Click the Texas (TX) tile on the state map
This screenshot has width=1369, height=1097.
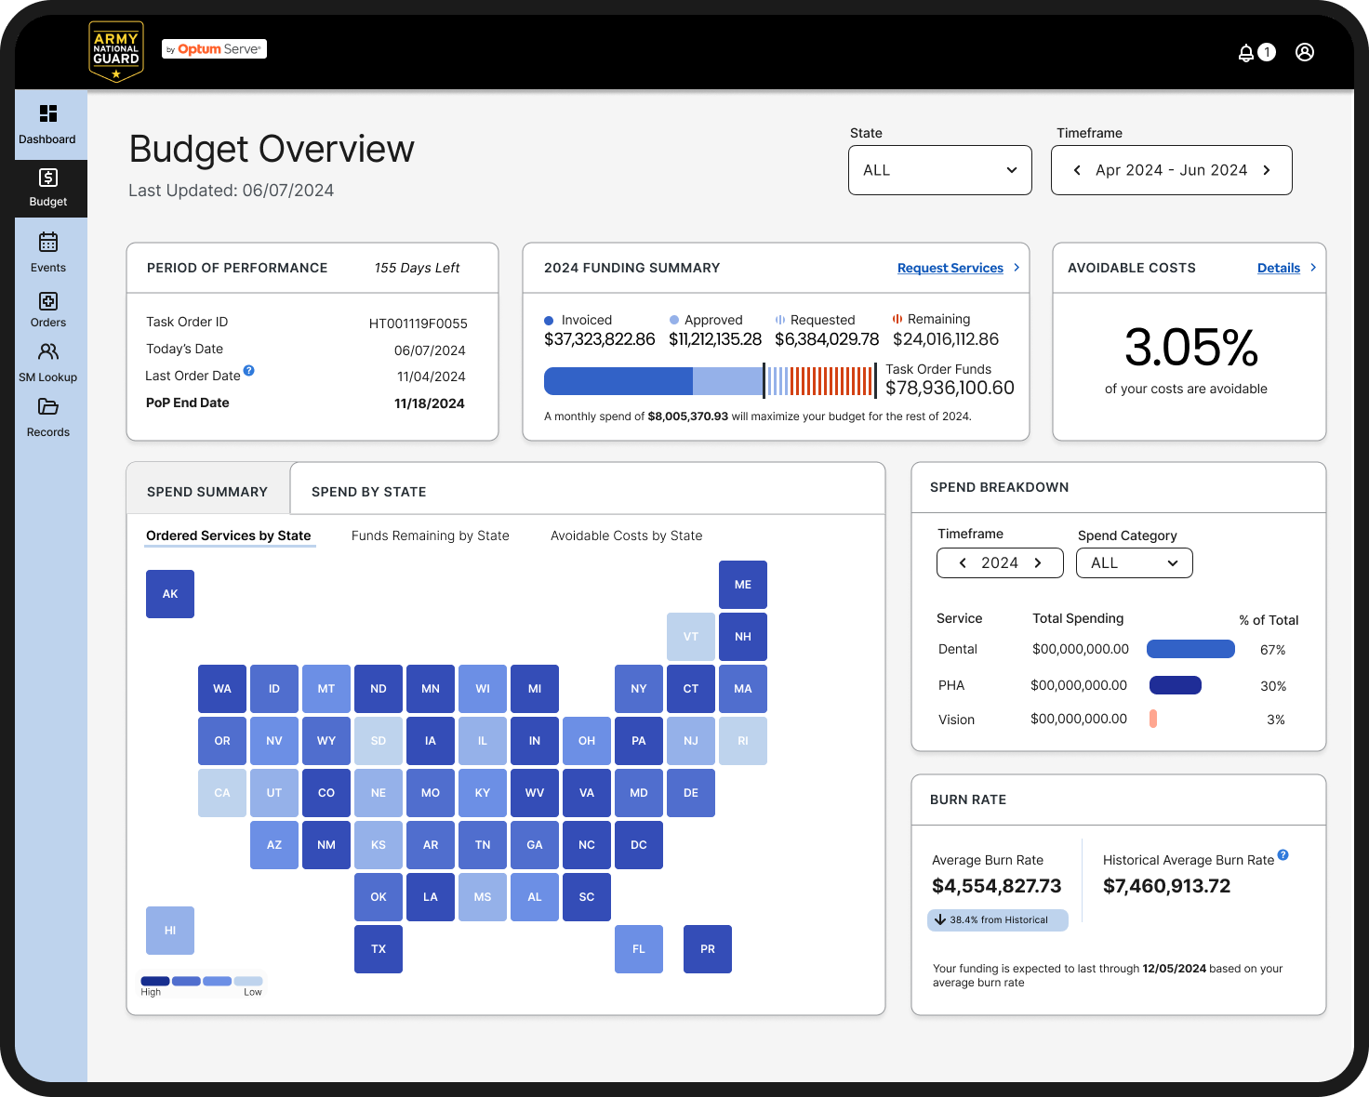(378, 948)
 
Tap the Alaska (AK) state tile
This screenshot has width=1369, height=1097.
(170, 593)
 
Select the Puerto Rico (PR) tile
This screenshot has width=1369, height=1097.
(708, 948)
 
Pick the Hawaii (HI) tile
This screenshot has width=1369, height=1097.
(170, 930)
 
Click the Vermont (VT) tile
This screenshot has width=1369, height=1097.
(690, 637)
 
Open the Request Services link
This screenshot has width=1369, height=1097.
(950, 268)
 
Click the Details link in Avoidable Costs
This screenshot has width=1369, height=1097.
(1278, 268)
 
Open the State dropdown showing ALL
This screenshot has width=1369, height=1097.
(939, 170)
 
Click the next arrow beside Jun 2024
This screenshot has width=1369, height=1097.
(1267, 170)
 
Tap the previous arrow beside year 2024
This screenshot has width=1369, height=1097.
(963, 562)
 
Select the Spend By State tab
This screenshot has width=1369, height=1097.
(369, 492)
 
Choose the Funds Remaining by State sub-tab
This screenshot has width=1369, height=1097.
(430, 535)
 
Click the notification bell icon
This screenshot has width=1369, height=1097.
(1245, 52)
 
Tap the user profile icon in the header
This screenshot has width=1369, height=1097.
(1304, 52)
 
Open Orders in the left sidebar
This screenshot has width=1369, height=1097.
(48, 309)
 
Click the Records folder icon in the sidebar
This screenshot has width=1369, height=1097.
(48, 406)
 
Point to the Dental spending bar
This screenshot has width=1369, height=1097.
(1190, 649)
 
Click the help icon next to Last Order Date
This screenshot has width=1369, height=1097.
(248, 370)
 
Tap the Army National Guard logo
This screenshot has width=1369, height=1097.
(115, 51)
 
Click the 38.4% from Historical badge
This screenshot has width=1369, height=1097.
(997, 919)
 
